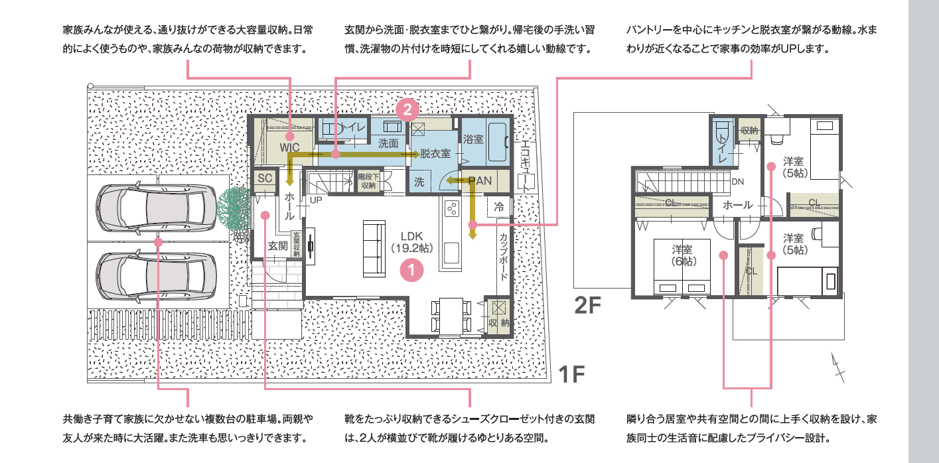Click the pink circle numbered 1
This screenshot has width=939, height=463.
pyautogui.click(x=411, y=270)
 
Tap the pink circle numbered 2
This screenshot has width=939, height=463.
pyautogui.click(x=407, y=109)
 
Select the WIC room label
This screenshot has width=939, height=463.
pyautogui.click(x=290, y=147)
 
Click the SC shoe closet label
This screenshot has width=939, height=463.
pyautogui.click(x=265, y=178)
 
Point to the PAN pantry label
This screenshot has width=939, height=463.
pyautogui.click(x=480, y=180)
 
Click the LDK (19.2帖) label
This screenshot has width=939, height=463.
pyautogui.click(x=411, y=242)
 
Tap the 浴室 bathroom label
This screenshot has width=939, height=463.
pyautogui.click(x=473, y=139)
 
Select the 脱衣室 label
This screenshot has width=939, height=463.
pyautogui.click(x=435, y=154)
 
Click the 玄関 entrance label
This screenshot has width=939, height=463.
pyautogui.click(x=278, y=246)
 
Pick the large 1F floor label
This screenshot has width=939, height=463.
pyautogui.click(x=572, y=374)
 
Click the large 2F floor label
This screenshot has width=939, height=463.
pyautogui.click(x=588, y=305)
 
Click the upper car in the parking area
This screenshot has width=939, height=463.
pyautogui.click(x=156, y=208)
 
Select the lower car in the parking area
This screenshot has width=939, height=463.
pyautogui.click(x=156, y=276)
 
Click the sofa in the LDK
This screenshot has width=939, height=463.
pyautogui.click(x=374, y=249)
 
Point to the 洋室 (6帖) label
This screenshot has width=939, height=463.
pyautogui.click(x=682, y=255)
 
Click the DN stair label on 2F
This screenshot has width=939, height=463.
pyautogui.click(x=738, y=182)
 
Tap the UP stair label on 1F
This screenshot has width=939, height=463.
pyautogui.click(x=316, y=200)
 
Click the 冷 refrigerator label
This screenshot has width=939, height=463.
pyautogui.click(x=499, y=207)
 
